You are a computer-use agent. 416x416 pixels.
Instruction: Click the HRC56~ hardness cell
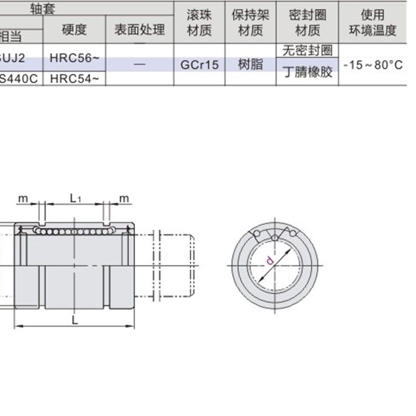[x=74, y=58]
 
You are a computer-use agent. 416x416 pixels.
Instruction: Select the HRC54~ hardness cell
[x=74, y=79]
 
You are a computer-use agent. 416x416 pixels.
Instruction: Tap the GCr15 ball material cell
[x=200, y=66]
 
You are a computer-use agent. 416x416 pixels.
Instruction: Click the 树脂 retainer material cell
[x=250, y=66]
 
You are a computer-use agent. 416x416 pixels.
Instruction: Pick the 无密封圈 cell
[x=307, y=51]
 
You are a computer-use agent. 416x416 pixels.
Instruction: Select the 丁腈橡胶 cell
[x=307, y=72]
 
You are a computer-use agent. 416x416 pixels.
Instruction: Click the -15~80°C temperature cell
[x=373, y=66]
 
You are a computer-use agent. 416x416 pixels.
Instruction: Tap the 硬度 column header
[x=74, y=30]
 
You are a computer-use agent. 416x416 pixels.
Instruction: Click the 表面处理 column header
[x=139, y=30]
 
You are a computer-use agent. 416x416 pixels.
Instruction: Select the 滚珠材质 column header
[x=200, y=23]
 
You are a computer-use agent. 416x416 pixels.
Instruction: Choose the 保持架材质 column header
[x=250, y=23]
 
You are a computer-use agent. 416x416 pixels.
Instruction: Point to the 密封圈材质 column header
[x=307, y=23]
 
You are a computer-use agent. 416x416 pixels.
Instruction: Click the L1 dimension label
[x=75, y=198]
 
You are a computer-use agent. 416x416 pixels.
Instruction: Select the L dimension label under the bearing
[x=75, y=320]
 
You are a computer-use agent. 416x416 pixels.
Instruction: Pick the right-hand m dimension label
[x=124, y=198]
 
